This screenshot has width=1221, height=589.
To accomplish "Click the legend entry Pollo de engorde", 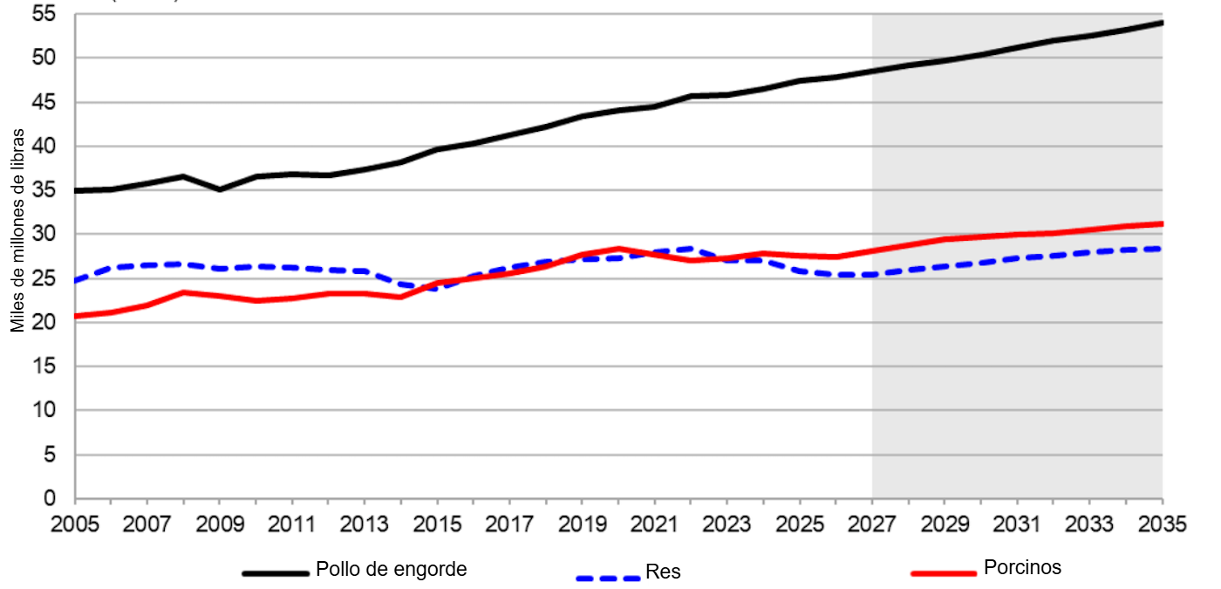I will point(392,570).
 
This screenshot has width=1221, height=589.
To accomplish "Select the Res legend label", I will point(663,573).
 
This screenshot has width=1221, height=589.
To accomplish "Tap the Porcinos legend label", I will point(1022,567).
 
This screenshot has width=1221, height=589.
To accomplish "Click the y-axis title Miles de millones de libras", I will point(18,231).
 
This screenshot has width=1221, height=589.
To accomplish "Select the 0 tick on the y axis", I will point(51,498).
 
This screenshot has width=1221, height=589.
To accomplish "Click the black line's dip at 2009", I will point(220,189).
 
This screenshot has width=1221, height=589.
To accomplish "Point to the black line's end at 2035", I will point(1162,22).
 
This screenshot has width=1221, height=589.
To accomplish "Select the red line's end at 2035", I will point(1162,223).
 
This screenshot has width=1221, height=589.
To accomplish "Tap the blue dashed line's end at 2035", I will point(1162,249).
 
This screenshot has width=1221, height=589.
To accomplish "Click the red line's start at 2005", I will point(76,316).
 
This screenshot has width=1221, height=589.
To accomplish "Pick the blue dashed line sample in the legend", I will point(608,578).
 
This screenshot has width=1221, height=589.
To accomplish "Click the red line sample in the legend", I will point(943,573).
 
